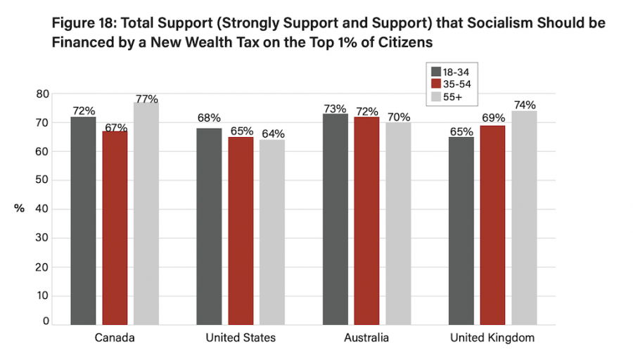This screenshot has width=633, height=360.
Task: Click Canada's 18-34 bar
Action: click(83, 220)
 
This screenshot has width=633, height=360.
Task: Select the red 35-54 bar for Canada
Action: click(115, 227)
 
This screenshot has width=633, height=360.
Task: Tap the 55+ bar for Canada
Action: click(146, 213)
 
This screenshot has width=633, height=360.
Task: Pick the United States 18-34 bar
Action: click(209, 226)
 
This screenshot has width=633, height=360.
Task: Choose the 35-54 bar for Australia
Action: click(366, 220)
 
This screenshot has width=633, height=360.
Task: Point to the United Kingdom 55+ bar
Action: click(524, 217)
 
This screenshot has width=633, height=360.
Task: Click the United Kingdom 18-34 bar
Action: click(461, 231)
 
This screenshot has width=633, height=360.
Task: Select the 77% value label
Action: click(147, 98)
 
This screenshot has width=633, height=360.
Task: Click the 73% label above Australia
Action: click(335, 109)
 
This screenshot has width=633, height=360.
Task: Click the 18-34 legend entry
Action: click(454, 72)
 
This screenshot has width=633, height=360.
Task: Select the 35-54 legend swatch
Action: click(436, 83)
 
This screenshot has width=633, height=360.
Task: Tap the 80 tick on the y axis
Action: click(43, 94)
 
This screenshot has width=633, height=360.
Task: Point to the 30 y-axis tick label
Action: click(43, 238)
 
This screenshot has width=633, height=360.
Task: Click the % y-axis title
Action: click(19, 208)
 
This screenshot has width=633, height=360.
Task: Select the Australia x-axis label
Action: click(366, 338)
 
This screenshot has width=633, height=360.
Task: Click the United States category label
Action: click(241, 338)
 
